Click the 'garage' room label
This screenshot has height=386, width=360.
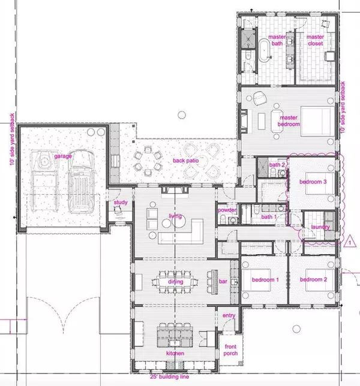[62, 156]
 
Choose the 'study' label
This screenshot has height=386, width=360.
[121, 203]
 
